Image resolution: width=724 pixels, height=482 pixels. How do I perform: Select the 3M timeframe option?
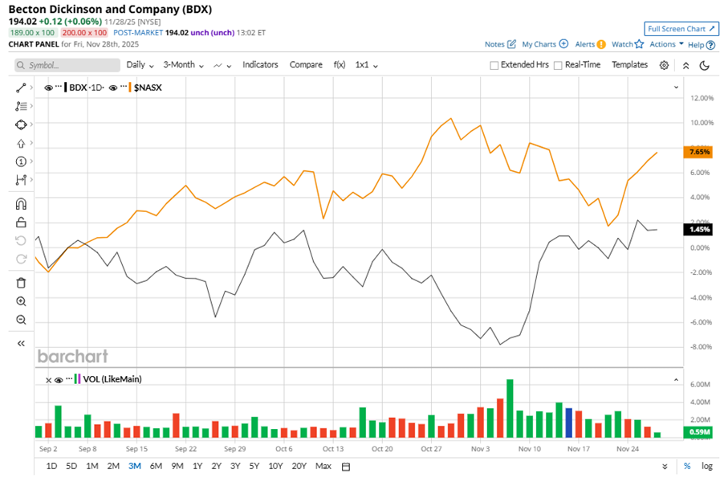(135, 466)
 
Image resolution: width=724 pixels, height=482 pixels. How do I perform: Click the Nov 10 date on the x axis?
(529, 449)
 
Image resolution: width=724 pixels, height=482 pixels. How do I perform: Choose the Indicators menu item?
(260, 65)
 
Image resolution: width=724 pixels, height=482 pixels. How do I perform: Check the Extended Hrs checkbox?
(494, 66)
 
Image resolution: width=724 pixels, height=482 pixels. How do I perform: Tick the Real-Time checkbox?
(558, 66)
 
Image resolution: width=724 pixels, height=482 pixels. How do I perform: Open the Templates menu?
(629, 65)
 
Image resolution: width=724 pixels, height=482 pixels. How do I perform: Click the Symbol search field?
(62, 66)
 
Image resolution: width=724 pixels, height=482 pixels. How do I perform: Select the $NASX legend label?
(148, 87)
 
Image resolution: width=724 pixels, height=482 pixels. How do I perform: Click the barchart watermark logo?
(72, 356)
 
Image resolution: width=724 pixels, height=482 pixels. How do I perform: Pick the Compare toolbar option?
(306, 65)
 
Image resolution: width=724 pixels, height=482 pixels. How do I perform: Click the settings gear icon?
(664, 66)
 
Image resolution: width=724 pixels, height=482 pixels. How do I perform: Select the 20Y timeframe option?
(299, 466)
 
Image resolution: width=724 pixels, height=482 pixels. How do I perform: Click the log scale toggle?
(706, 466)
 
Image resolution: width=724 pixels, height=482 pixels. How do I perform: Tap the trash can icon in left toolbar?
(22, 282)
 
